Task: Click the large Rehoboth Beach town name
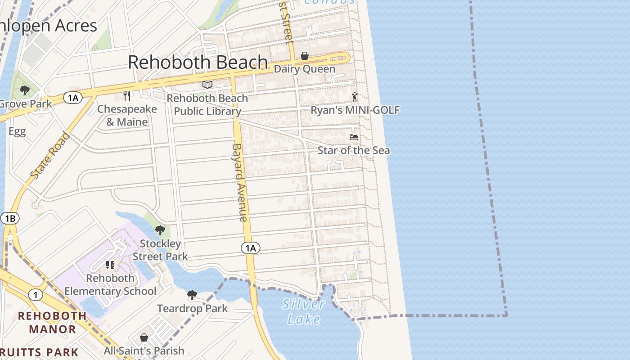pos(198,62)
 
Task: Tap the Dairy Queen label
pos(305,69)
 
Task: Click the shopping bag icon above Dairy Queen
pos(305,56)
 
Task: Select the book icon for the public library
pos(207,85)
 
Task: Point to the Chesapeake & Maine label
pos(127,115)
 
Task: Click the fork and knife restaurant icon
pos(127,95)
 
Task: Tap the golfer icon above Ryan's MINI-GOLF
pos(355,97)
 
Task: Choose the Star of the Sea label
pos(354,150)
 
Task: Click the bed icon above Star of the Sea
pos(354,137)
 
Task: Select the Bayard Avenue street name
pos(240,182)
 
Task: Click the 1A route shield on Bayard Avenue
pos(251,247)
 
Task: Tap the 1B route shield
pos(10,219)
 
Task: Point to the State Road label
pos(50,155)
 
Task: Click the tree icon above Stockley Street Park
pos(160,231)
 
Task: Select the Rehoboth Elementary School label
pos(110,284)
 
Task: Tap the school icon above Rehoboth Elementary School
pos(110,265)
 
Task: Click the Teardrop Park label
pos(192,309)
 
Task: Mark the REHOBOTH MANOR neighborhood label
pos(52,322)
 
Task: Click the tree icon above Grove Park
pos(25,90)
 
